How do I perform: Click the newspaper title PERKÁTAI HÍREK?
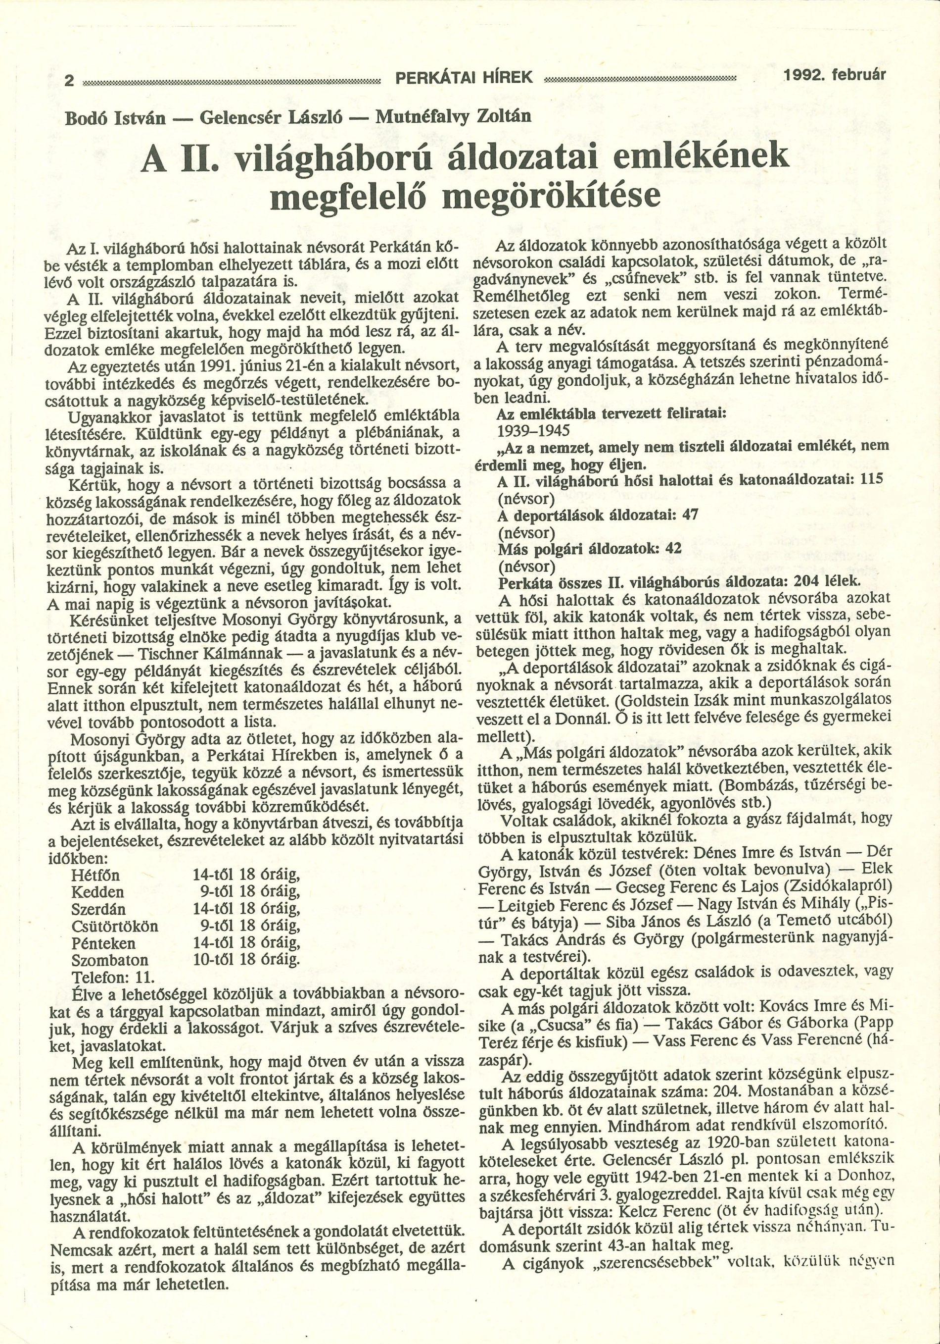pos(464,77)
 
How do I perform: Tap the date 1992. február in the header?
pos(835,75)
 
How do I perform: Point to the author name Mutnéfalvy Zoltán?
pos(453,116)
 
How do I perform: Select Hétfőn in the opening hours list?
pos(95,876)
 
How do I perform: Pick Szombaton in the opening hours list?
pos(109,961)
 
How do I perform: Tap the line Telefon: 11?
pos(112,978)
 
